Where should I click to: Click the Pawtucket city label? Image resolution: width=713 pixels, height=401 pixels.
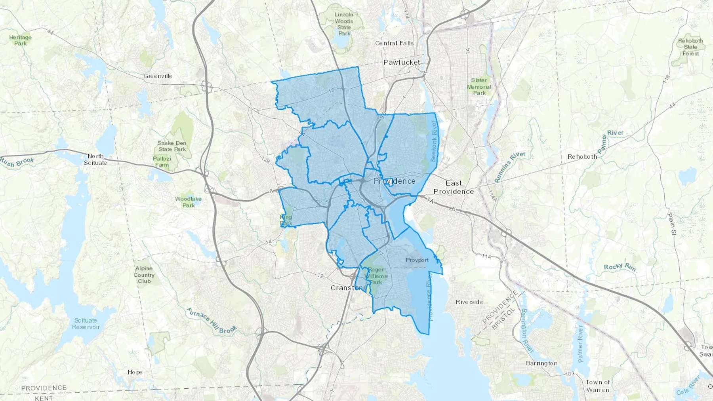[x=401, y=62]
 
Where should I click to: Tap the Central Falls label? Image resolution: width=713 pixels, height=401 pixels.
[x=394, y=43]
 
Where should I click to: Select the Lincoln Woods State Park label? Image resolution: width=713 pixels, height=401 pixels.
[x=344, y=24]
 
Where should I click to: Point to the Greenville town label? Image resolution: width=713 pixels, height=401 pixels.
[x=158, y=76]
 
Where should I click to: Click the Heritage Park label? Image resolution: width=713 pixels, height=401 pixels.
[x=20, y=40]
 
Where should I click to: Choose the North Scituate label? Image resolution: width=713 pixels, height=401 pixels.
[x=95, y=159]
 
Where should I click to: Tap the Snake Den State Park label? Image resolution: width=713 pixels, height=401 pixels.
[x=172, y=146]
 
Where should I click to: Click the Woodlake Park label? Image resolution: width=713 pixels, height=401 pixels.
[x=188, y=202]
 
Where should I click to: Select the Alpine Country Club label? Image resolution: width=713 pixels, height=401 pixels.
[x=144, y=275]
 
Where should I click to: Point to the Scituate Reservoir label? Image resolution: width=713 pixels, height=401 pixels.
[x=86, y=324]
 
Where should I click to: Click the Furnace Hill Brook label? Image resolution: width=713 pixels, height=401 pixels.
[x=212, y=321]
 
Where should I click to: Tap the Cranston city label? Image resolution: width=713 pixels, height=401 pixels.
[x=346, y=288]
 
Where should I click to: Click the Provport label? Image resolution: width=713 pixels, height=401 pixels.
[x=417, y=260]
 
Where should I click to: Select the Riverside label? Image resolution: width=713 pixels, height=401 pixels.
[x=469, y=302]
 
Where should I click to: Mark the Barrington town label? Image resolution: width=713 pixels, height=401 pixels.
[x=541, y=363]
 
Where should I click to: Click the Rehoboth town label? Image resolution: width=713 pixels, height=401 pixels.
[x=582, y=157]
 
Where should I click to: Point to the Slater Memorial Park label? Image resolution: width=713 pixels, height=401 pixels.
[x=479, y=86]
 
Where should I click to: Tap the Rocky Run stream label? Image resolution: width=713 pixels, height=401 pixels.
[x=620, y=268]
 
